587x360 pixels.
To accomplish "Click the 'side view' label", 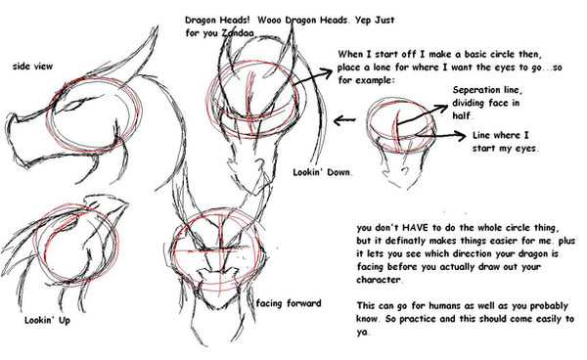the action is tap(32, 67).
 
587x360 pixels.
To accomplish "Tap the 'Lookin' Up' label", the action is tap(47, 320).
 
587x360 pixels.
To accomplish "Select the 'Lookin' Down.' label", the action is tap(322, 172).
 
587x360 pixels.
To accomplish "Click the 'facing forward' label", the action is tap(289, 303).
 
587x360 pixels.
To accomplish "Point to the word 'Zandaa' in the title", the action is tap(238, 33).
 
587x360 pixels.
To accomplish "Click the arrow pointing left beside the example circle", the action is tap(344, 120).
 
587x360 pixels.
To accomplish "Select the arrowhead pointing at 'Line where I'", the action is tap(460, 135).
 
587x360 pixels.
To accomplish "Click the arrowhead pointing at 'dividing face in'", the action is tap(442, 108).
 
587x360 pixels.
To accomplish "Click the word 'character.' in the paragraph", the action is tap(380, 280).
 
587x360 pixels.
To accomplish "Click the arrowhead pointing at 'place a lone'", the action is tap(327, 71).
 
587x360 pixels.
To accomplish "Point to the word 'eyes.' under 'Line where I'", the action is tap(526, 149).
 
